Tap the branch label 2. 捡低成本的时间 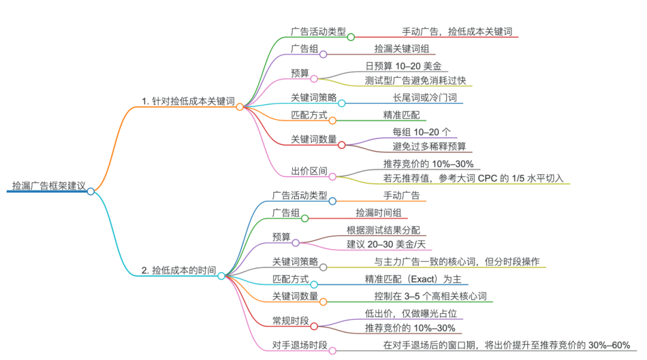(179, 270)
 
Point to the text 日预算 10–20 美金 (403, 66)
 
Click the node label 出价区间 (309, 171)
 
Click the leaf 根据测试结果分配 (383, 230)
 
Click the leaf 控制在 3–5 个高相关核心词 (426, 296)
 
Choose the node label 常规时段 (291, 321)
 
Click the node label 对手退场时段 (300, 345)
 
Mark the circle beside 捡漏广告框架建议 (90, 191)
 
